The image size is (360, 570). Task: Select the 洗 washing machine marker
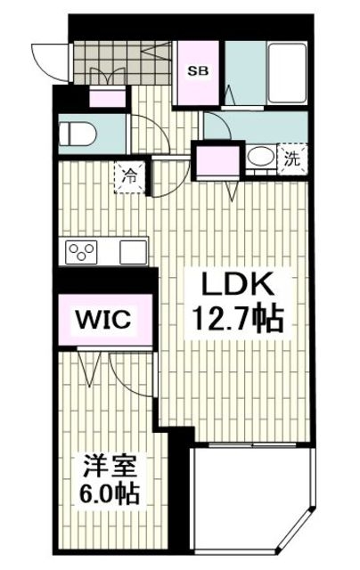[x=291, y=160]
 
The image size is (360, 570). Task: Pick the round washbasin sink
[x=260, y=158]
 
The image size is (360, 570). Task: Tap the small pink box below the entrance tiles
[x=110, y=98]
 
